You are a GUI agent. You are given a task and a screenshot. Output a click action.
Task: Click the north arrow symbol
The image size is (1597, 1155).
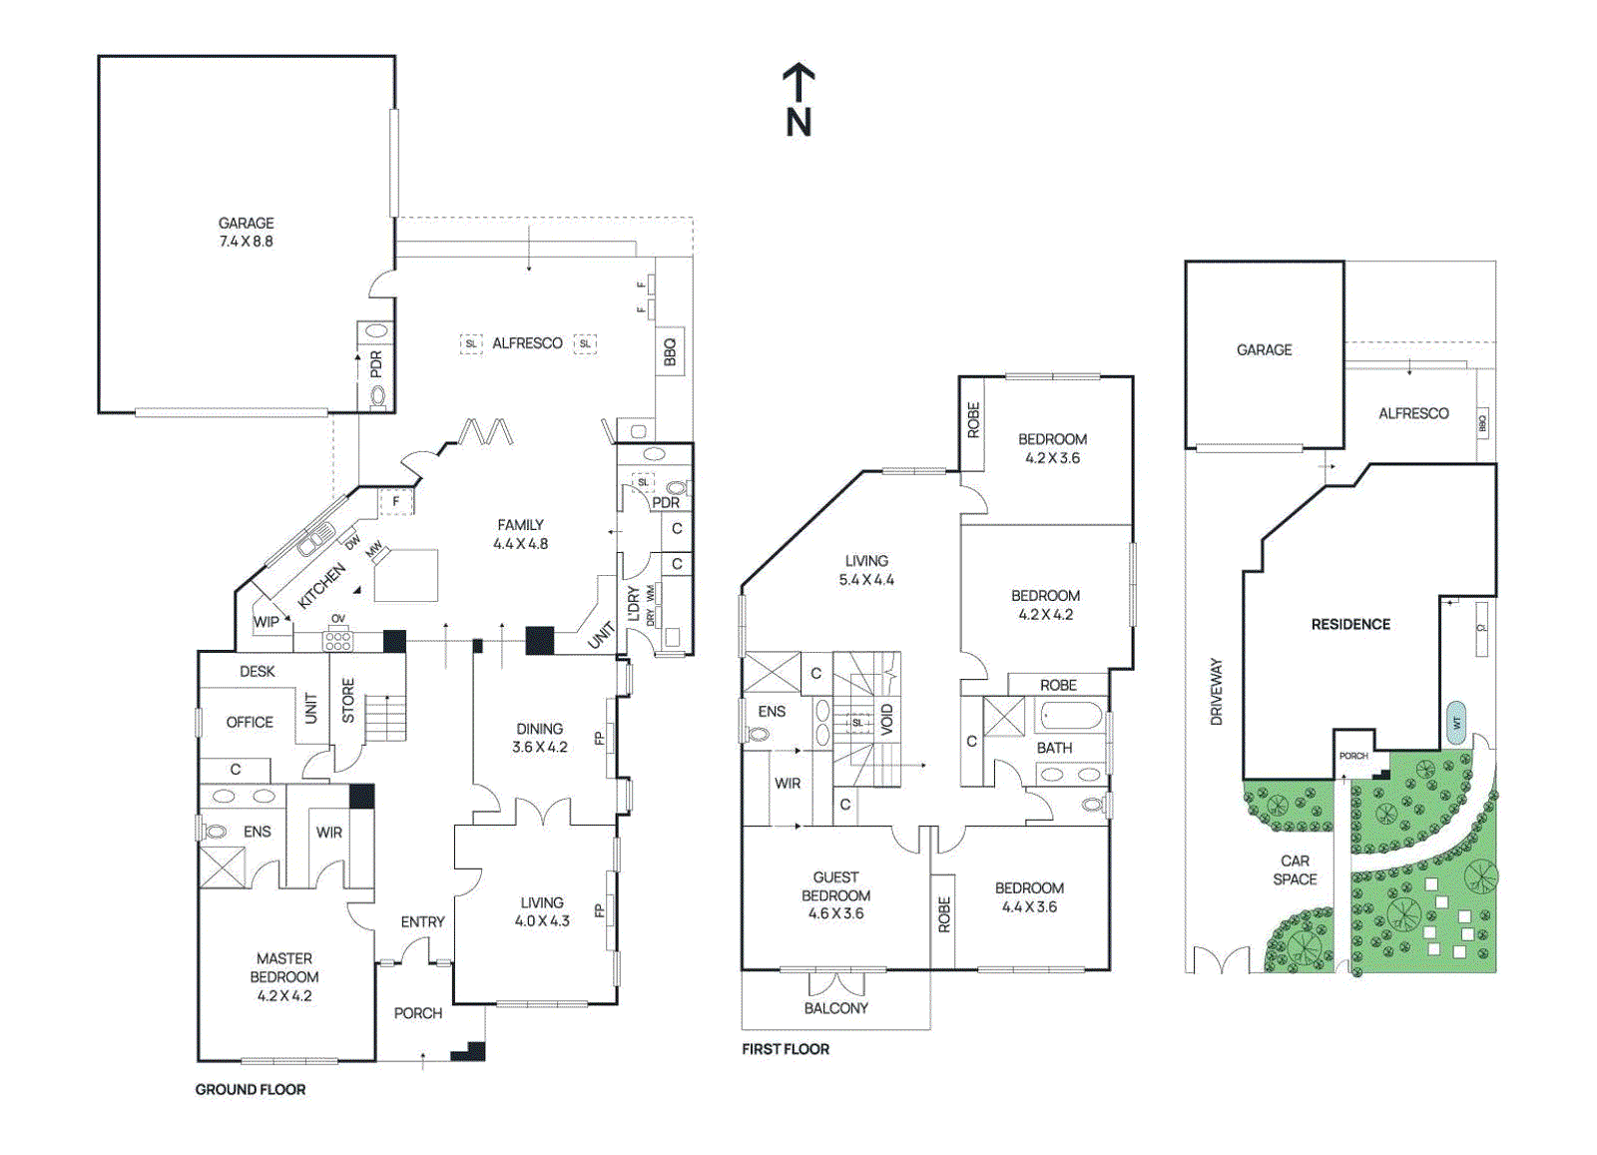point(798,100)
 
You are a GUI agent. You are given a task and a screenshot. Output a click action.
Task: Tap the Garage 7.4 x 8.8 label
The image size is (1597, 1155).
point(246,233)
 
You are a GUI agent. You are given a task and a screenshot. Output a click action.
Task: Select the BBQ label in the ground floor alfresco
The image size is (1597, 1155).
point(670,351)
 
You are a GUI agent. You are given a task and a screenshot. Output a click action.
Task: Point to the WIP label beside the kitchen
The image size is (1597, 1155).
point(266,622)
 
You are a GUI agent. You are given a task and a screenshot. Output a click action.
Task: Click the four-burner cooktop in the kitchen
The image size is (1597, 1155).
point(338,641)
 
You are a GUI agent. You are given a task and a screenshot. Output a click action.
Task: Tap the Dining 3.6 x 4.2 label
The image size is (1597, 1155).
point(539,738)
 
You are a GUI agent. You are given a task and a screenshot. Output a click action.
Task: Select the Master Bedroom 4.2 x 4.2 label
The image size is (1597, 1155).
point(284,976)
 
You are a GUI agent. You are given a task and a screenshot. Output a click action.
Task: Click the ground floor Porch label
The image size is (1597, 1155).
point(417,1013)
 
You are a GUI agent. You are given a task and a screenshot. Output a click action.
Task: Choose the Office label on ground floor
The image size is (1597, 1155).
point(250,722)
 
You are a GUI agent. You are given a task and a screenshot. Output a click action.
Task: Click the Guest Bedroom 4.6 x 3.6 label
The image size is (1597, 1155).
point(835,895)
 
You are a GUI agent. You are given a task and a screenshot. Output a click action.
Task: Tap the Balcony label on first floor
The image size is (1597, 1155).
point(835,1008)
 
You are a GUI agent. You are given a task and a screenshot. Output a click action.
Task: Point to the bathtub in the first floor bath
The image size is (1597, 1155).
point(1070,717)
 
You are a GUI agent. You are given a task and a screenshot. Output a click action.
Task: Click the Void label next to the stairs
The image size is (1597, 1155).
point(887,719)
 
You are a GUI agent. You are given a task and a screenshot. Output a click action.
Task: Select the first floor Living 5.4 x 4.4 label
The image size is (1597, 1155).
point(866,570)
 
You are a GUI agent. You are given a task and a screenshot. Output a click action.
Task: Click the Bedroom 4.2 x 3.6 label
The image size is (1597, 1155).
point(1052,448)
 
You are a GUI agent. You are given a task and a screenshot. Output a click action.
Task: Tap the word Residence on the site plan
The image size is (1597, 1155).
point(1350,624)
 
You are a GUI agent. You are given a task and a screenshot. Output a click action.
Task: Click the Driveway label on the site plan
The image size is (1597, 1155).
point(1216,691)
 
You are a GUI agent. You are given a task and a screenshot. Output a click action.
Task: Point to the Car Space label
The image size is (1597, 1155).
point(1295,869)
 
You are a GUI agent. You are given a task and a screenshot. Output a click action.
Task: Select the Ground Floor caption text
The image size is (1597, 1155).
point(251,1089)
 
